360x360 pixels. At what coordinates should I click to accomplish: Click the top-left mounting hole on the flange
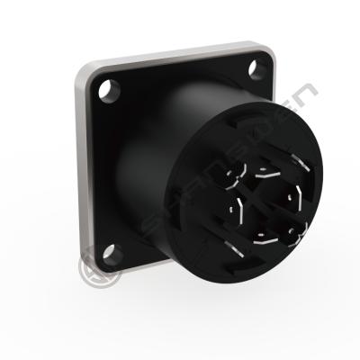(x=110, y=90)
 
